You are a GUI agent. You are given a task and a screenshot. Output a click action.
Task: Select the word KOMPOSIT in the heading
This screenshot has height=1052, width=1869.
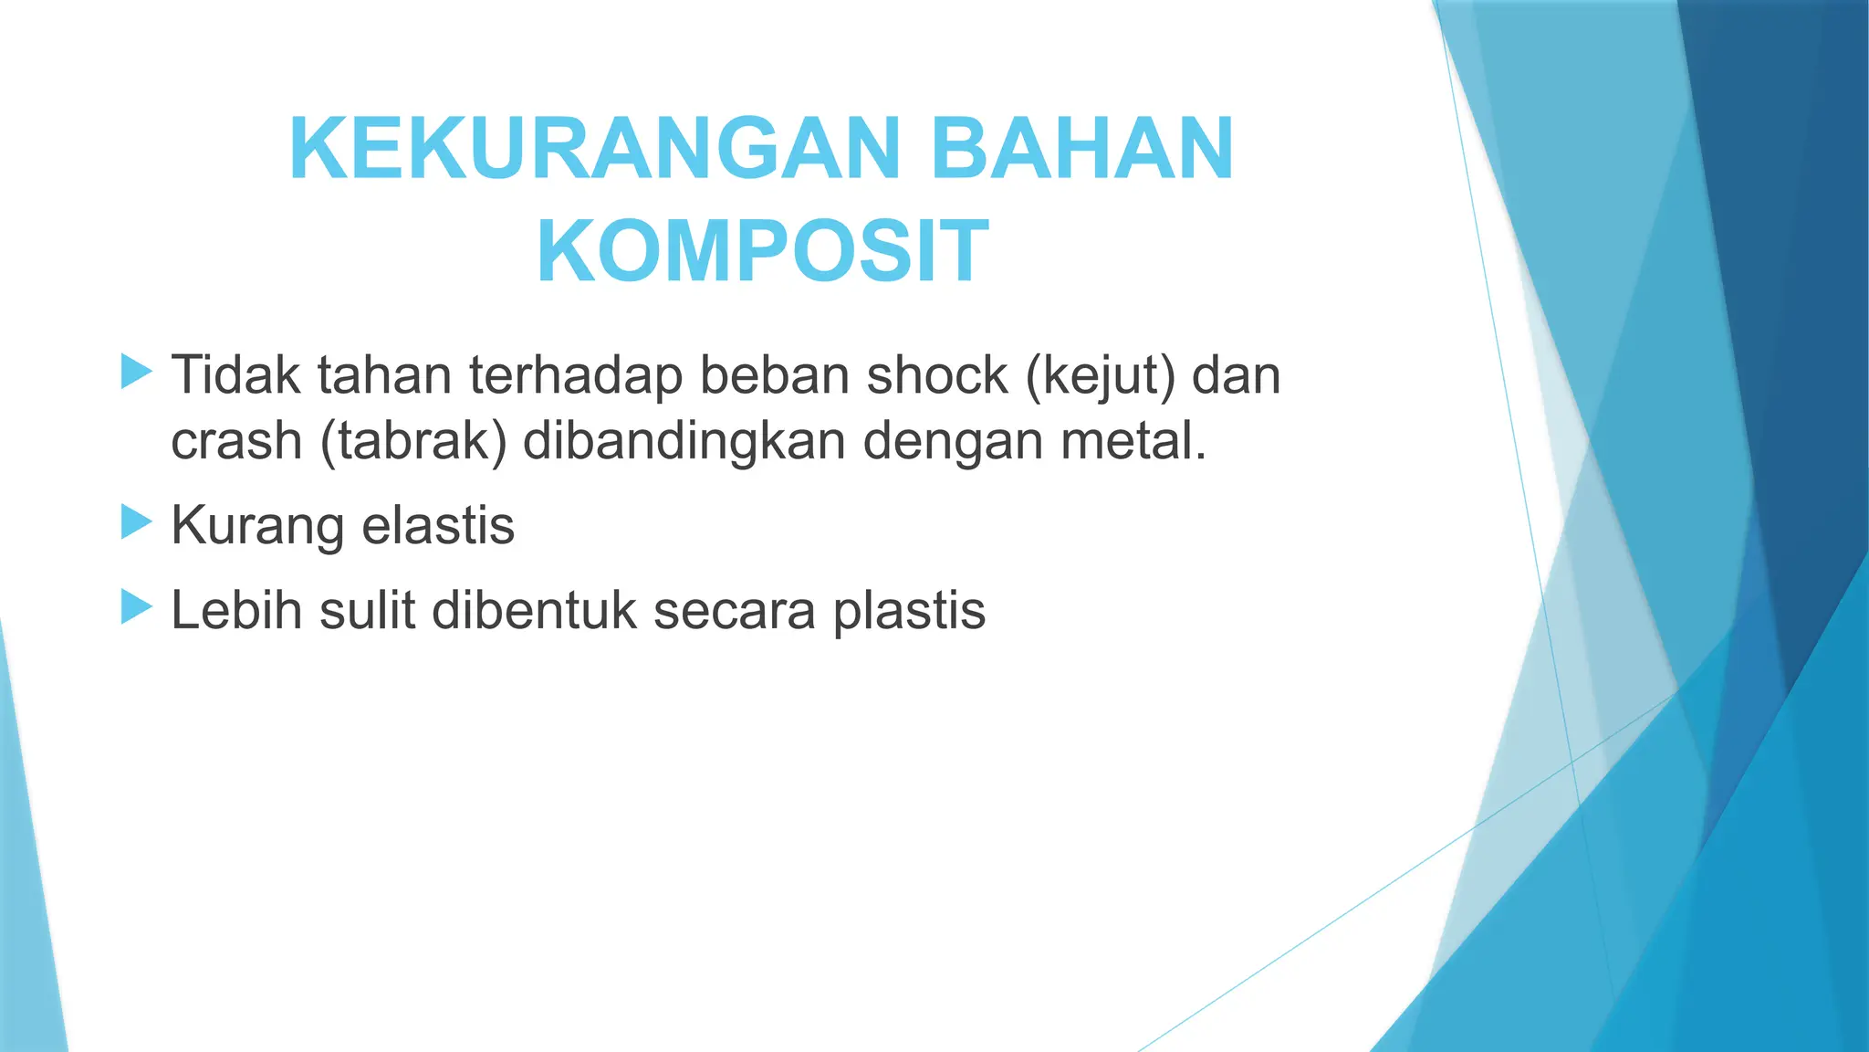point(762,251)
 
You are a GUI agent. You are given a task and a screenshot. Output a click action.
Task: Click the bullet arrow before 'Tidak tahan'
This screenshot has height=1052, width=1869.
point(136,373)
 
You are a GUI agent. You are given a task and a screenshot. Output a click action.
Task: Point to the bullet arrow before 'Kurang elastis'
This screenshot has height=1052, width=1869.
point(136,523)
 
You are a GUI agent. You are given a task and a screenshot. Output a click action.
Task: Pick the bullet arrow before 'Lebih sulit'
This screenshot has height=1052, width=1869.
point(136,607)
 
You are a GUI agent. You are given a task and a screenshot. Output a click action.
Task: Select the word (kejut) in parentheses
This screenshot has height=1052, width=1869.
point(1101,376)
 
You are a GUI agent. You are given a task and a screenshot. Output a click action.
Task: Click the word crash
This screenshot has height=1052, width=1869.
point(236,441)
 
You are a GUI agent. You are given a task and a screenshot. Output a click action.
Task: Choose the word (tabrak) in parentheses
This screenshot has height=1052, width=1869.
point(413,441)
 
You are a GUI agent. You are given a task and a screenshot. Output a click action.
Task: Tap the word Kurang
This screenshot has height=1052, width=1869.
point(257,527)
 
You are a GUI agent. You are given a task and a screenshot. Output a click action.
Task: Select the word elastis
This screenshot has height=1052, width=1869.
point(438,525)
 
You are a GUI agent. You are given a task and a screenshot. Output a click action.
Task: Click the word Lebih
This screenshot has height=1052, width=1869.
point(236,609)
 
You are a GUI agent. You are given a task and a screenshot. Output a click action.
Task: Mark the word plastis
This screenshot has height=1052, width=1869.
point(909,611)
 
